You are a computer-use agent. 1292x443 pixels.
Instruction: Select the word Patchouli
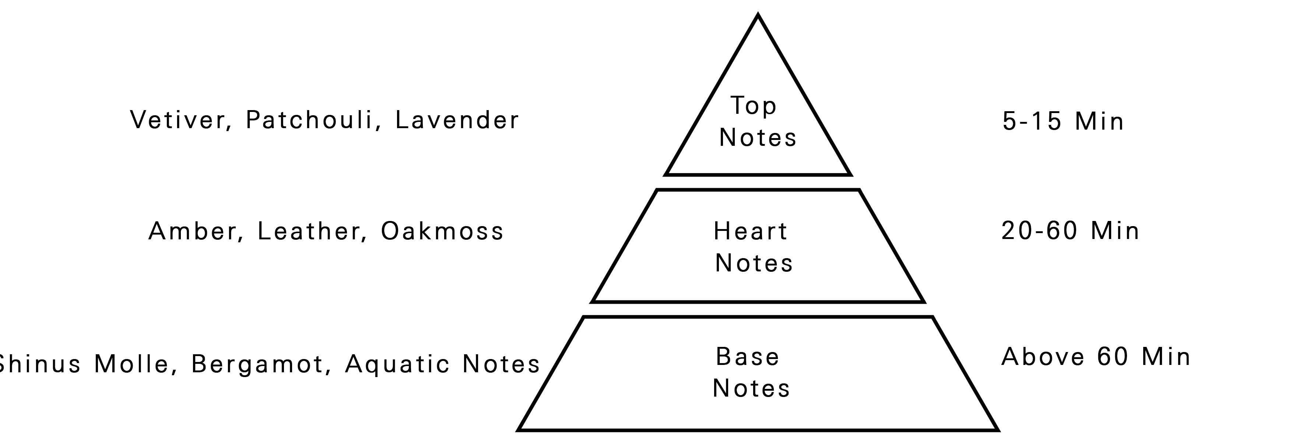309,120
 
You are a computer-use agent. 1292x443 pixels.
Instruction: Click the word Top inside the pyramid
753,106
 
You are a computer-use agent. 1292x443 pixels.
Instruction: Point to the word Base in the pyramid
747,357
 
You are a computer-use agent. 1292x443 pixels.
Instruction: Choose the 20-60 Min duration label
1070,231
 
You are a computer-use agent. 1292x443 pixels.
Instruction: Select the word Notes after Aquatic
501,364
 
